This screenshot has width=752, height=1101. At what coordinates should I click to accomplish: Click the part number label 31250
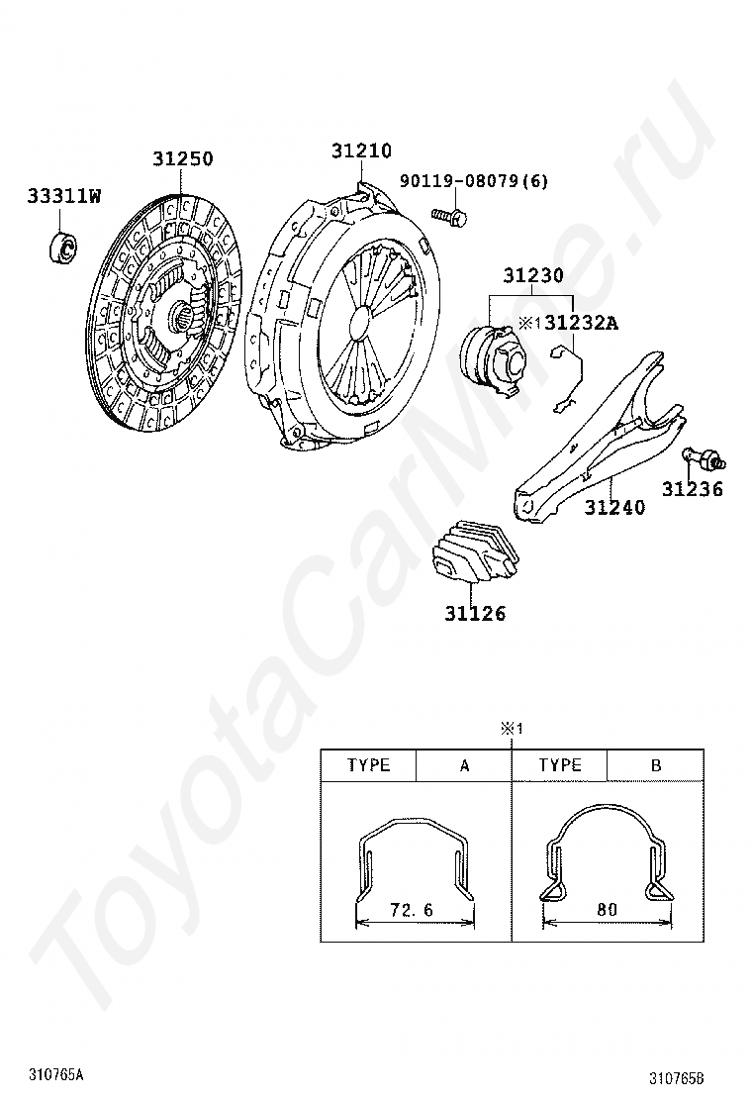point(182,158)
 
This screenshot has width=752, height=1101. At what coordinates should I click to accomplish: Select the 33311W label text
point(64,196)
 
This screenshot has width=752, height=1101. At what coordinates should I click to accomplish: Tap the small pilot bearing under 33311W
point(62,246)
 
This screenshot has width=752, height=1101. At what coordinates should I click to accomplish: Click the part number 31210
point(361,150)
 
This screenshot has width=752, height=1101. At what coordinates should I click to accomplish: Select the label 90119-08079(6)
point(474,181)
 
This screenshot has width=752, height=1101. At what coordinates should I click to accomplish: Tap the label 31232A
point(582,323)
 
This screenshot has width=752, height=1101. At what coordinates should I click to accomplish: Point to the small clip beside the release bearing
point(568,378)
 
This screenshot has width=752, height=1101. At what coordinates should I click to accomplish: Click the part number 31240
point(614,507)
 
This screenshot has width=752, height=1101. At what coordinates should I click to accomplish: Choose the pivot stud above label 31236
point(703,458)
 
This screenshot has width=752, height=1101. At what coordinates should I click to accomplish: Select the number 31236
point(693,489)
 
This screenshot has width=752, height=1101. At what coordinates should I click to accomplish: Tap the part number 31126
point(474,613)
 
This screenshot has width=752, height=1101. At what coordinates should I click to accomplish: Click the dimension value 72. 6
point(412,910)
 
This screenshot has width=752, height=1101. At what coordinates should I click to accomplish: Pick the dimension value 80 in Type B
point(607,910)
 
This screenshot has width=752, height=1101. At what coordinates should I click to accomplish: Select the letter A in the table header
point(464,765)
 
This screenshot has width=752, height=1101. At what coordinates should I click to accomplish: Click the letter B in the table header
point(656,765)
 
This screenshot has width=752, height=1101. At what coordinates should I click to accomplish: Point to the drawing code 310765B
point(676,1078)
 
